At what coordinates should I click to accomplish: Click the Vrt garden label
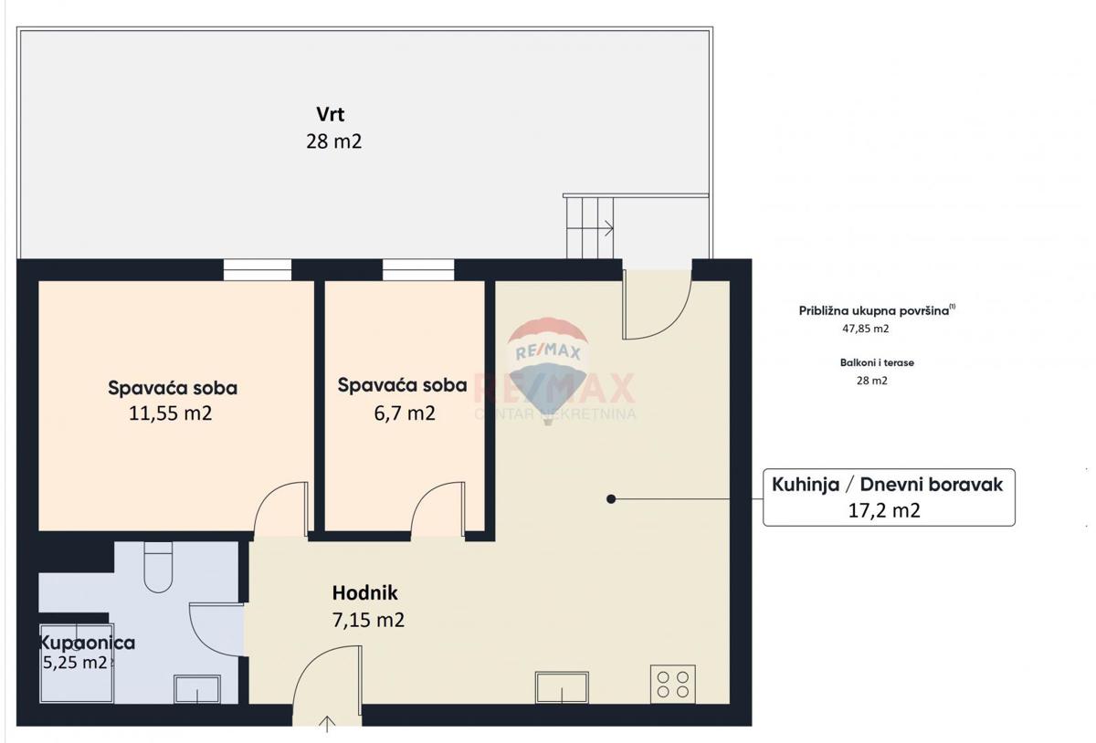330,115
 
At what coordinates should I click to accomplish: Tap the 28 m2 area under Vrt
333,141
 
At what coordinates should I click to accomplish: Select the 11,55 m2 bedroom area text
172,413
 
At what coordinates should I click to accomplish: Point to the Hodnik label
364,593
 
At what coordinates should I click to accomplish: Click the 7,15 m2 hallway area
368,621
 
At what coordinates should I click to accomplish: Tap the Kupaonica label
88,643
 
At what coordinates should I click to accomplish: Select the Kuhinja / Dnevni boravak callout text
887,485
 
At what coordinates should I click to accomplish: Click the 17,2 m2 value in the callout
884,511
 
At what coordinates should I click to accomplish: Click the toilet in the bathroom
158,566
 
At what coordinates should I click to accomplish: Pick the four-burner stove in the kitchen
672,685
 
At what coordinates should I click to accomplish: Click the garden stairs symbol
590,227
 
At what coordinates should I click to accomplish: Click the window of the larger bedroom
258,269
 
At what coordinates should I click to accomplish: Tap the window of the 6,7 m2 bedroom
417,269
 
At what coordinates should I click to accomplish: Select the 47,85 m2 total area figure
865,329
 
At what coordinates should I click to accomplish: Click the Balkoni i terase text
877,362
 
